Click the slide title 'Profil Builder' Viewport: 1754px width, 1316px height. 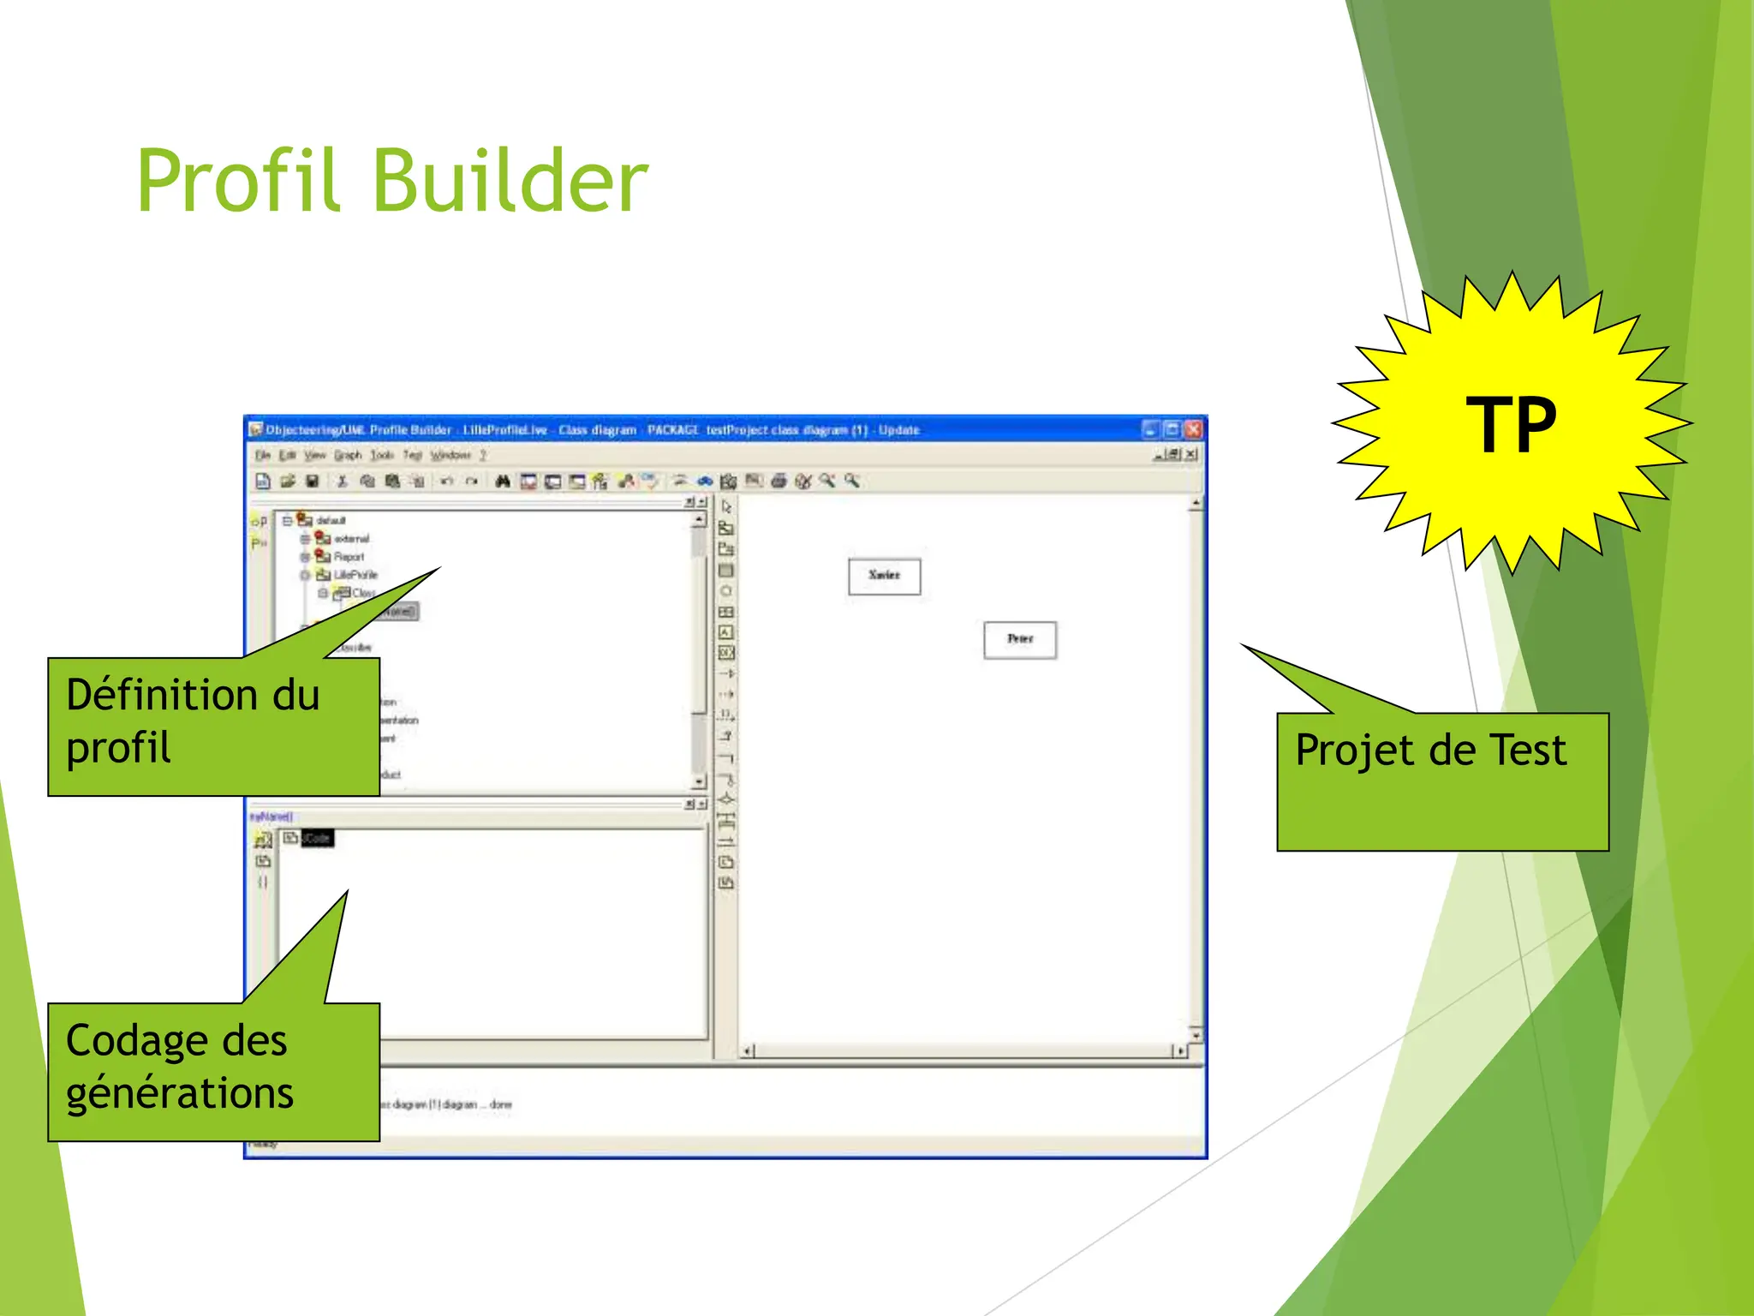[392, 181]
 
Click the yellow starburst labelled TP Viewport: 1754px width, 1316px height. [1511, 423]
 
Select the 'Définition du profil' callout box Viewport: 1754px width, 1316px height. [213, 726]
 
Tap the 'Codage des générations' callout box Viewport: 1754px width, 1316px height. [213, 1071]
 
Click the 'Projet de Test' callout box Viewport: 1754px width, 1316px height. [1442, 781]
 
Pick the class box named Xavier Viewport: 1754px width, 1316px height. [884, 576]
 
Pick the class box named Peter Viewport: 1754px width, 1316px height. [1019, 639]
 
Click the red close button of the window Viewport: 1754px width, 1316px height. [1193, 429]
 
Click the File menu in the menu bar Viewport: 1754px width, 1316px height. [263, 455]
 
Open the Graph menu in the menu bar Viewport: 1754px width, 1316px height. [348, 455]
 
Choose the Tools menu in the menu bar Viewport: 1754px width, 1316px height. [382, 455]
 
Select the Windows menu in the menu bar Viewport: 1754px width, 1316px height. [450, 455]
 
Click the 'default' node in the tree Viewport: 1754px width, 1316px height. [331, 520]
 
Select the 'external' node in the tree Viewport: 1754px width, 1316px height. [351, 539]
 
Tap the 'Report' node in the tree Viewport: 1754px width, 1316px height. [349, 557]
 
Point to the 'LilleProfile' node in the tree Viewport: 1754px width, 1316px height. [355, 575]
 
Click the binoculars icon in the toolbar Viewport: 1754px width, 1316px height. [503, 482]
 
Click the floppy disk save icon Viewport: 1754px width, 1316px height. [313, 482]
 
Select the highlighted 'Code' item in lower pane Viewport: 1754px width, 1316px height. [317, 838]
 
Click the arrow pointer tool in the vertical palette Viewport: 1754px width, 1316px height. [726, 507]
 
